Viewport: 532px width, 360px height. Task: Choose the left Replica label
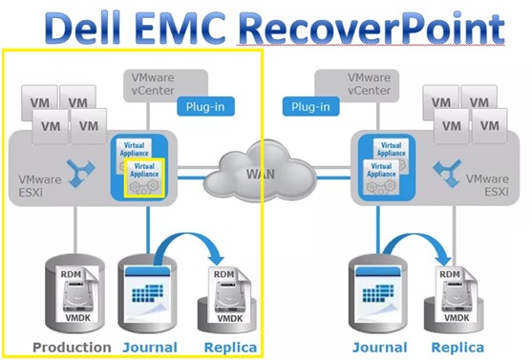point(228,347)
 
